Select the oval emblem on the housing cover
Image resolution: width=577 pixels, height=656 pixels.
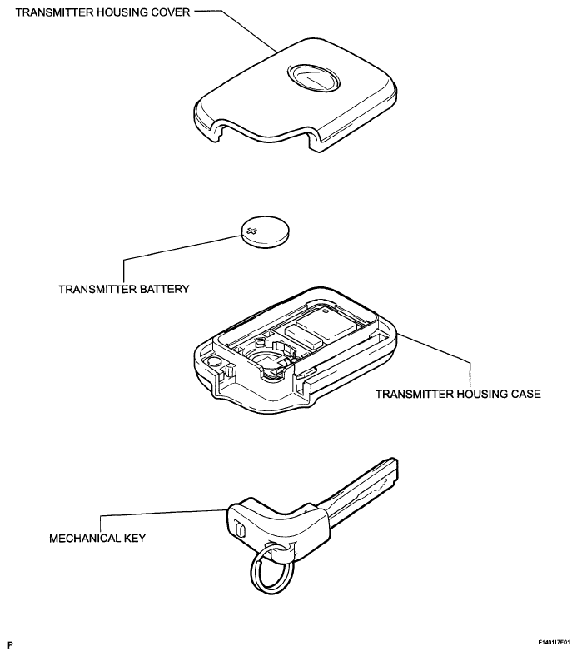pos(313,77)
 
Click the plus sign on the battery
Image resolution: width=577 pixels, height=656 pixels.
pos(252,231)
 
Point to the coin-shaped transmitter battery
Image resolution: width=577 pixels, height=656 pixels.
pos(266,231)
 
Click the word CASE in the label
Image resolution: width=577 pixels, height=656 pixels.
pos(525,394)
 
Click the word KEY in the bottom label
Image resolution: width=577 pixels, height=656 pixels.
pos(135,538)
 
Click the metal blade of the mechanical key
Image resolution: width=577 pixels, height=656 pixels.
pos(360,490)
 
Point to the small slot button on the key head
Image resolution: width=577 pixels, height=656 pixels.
pos(239,529)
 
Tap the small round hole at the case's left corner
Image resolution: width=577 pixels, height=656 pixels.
pos(214,362)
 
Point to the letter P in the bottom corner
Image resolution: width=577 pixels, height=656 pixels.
pos(11,644)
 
